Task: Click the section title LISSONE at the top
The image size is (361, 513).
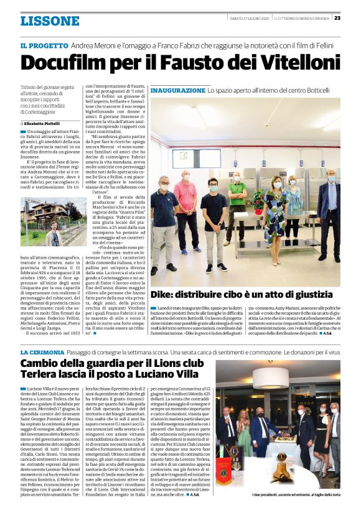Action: point(50,21)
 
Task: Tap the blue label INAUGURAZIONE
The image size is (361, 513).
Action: point(177,91)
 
